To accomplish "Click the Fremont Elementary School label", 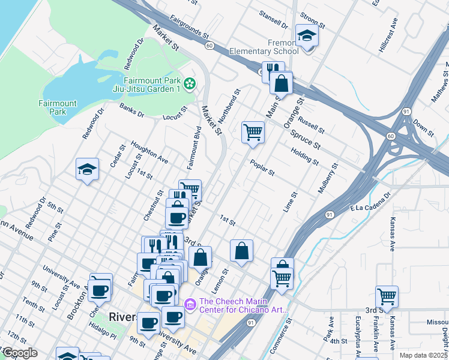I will tap(270, 47).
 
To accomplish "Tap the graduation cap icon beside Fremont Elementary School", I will tap(307, 35).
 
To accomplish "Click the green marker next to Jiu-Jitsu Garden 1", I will tap(190, 84).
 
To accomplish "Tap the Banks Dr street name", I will tap(131, 110).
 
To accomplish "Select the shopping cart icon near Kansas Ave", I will tap(387, 296).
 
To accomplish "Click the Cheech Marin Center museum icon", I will tap(191, 305).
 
